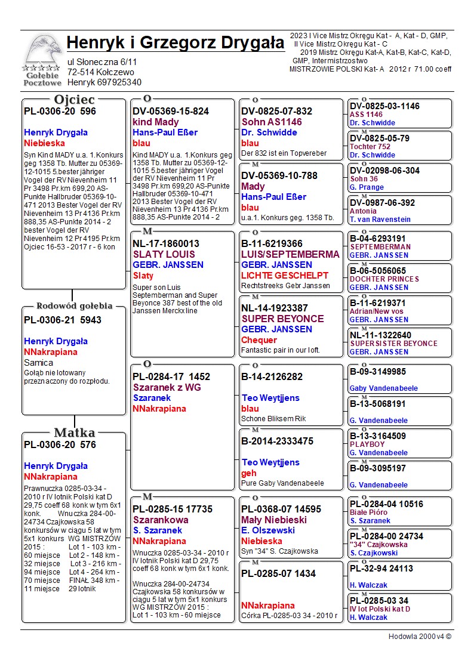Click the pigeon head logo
pyautogui.click(x=41, y=52)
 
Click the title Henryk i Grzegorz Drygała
pyautogui.click(x=176, y=43)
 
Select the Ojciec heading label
pyautogui.click(x=74, y=100)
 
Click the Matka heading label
pyautogui.click(x=74, y=433)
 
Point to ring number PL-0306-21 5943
pyautogui.click(x=63, y=320)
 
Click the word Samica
pyautogui.click(x=39, y=362)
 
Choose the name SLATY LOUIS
pyautogui.click(x=164, y=254)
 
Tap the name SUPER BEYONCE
pyautogui.click(x=282, y=319)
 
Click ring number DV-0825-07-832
pyautogui.click(x=276, y=111)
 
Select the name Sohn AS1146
pyautogui.click(x=272, y=122)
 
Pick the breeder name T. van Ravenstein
pyautogui.click(x=380, y=220)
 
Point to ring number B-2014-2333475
pyautogui.click(x=277, y=441)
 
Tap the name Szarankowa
pyautogui.click(x=161, y=520)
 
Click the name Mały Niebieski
pyautogui.click(x=274, y=520)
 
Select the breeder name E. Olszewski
pyautogui.click(x=268, y=530)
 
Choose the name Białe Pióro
pyautogui.click(x=368, y=512)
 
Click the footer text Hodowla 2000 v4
pyautogui.click(x=420, y=637)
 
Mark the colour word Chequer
pyautogui.click(x=259, y=340)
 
